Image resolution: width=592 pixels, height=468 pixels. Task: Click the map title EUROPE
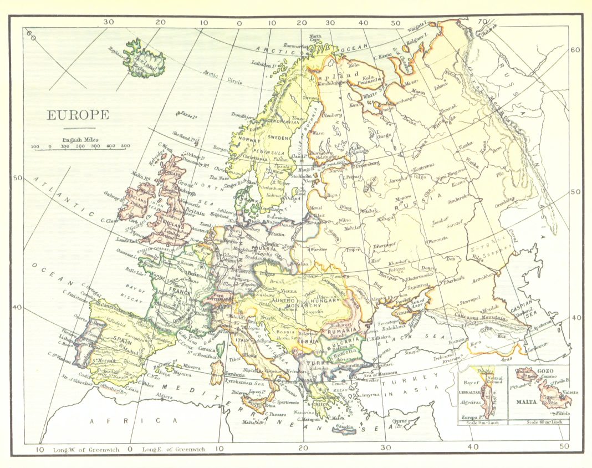point(78,115)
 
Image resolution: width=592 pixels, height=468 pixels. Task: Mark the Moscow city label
point(403,197)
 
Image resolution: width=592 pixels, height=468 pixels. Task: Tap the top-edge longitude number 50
point(396,23)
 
